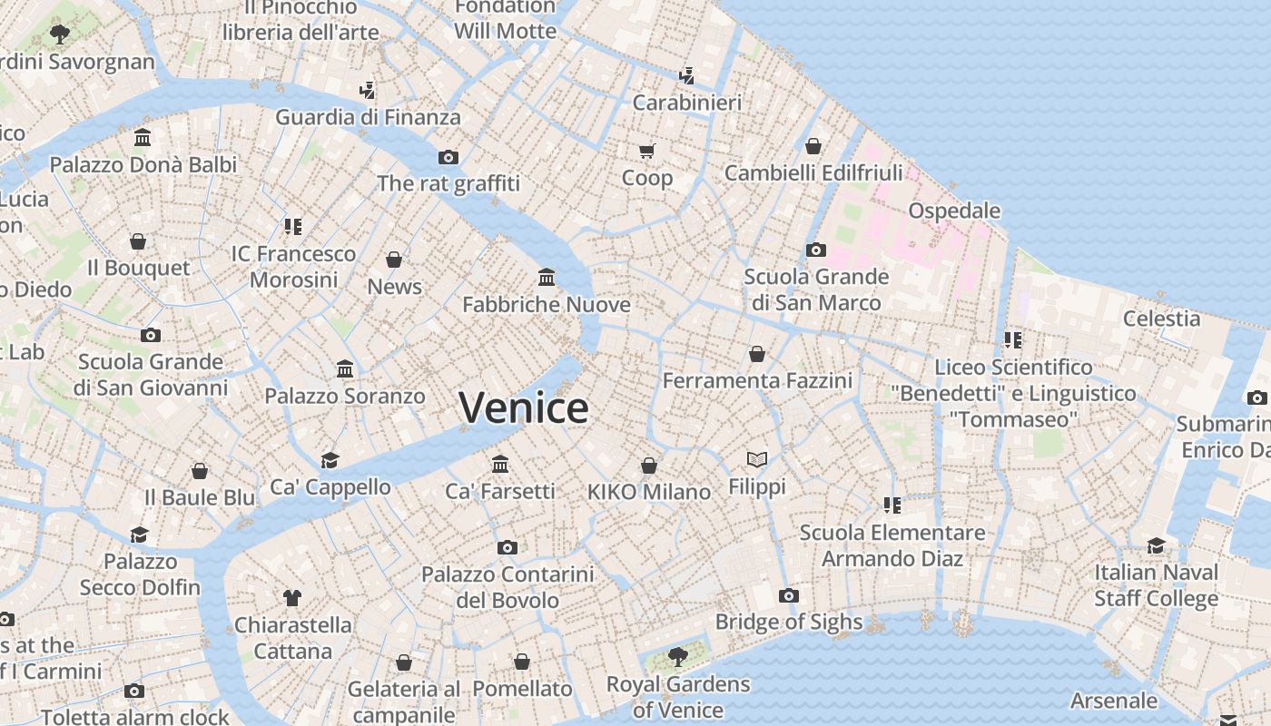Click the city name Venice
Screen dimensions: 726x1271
tap(524, 407)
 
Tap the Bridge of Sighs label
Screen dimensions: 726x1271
tap(788, 622)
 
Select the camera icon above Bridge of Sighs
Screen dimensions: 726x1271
tap(788, 596)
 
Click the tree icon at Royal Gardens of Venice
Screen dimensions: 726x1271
tap(677, 656)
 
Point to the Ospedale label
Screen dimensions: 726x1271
tap(954, 211)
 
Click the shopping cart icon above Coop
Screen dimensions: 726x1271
tap(646, 151)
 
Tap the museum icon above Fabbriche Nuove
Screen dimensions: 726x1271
tap(547, 277)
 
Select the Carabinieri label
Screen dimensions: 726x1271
tap(686, 103)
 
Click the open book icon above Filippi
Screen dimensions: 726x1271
tap(757, 460)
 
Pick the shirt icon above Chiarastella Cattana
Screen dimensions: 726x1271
tap(291, 597)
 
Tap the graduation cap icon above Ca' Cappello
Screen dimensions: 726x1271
tap(330, 460)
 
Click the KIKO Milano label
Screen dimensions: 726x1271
tap(648, 492)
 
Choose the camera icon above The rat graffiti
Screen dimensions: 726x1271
tap(448, 157)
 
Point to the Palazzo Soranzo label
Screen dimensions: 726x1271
tap(344, 396)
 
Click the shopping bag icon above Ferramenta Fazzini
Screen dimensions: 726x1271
tap(757, 354)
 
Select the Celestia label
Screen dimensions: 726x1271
tap(1161, 319)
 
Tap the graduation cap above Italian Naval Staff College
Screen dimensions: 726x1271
tap(1156, 545)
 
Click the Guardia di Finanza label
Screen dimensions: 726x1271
tap(368, 117)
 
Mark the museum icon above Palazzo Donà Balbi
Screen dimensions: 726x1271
tap(143, 138)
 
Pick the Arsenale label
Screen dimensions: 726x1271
tap(1113, 701)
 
